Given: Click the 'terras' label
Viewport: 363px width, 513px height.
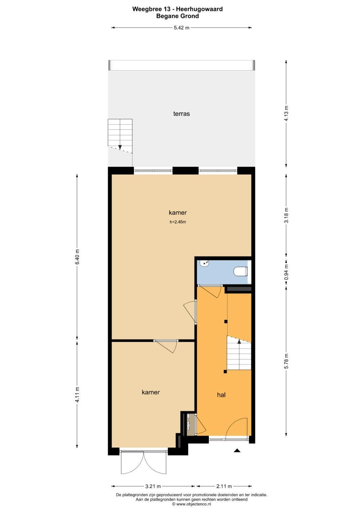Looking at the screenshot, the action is coord(181,114).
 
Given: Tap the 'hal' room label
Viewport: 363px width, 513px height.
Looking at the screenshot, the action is coord(221,395).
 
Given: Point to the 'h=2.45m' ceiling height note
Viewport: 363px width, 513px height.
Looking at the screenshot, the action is coord(177,222).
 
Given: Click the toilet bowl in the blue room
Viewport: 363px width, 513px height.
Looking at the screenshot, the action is coord(240,271).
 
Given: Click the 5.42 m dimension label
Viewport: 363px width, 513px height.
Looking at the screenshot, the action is coord(182,28).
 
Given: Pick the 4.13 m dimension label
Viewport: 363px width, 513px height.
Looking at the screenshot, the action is coord(286,114).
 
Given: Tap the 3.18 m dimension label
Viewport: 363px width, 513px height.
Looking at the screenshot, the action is coord(286,215).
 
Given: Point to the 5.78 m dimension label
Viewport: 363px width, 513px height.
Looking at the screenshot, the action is coord(286,361).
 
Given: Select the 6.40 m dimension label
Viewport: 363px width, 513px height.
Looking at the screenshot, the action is coord(77,257).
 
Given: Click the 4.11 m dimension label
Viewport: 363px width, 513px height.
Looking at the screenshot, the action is coord(77,394).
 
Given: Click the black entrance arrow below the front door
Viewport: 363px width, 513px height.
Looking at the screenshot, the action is coord(237,451).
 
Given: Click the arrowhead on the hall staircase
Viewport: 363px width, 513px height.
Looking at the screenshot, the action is coord(239,342).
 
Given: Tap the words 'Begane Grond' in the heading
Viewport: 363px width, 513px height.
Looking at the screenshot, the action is coord(177,16).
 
